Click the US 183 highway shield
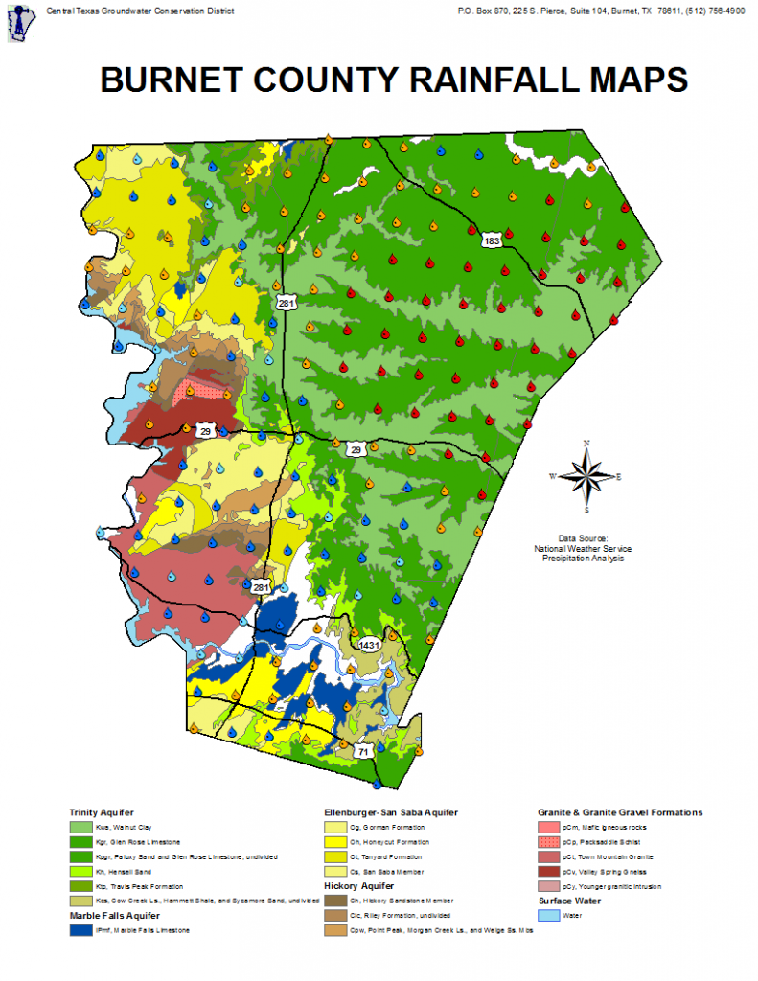pyautogui.click(x=492, y=241)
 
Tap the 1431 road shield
pyautogui.click(x=369, y=646)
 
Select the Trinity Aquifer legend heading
pyautogui.click(x=102, y=812)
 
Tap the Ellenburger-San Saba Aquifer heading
pyautogui.click(x=389, y=812)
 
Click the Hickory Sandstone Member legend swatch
pyautogui.click(x=337, y=901)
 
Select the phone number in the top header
pyautogui.click(x=713, y=11)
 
